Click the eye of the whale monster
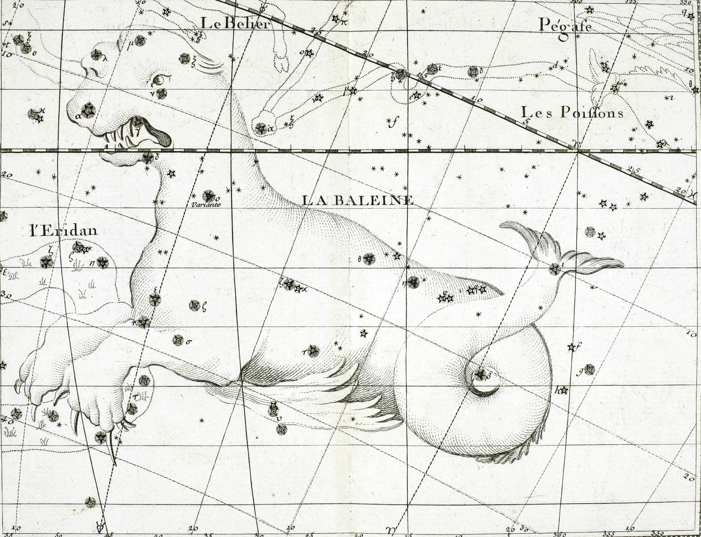pos(160,79)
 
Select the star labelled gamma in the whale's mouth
pos(138,121)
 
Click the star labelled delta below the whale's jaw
pos(147,158)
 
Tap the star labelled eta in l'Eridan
pos(102,263)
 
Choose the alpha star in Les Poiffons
pos(262,129)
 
